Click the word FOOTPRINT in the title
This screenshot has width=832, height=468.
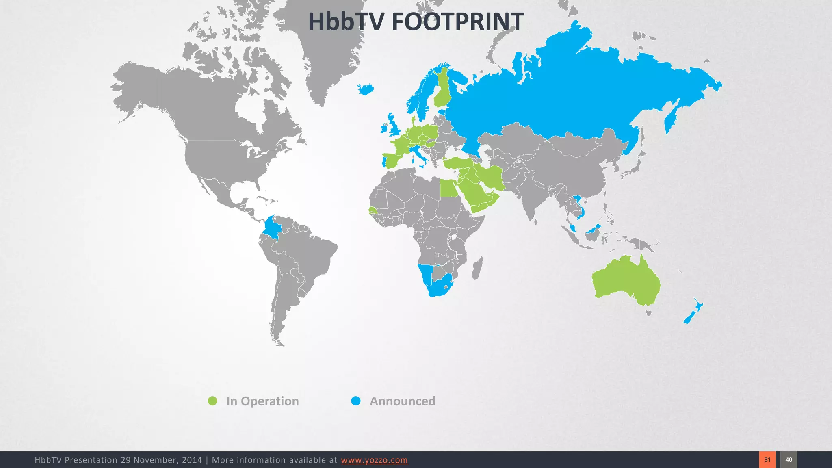tap(457, 22)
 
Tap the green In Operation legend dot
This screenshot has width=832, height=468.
tap(212, 401)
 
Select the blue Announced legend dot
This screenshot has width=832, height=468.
tap(356, 401)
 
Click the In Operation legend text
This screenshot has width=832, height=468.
tap(262, 401)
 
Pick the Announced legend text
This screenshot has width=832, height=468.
tap(402, 401)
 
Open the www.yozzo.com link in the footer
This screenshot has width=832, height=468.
tap(374, 460)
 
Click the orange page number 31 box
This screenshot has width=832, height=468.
tap(767, 460)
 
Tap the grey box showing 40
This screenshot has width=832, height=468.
tap(789, 460)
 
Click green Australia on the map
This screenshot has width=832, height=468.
tap(626, 280)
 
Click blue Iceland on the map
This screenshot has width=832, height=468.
tap(366, 89)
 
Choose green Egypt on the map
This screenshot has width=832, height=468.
tap(448, 188)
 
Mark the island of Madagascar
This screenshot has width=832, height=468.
tap(478, 268)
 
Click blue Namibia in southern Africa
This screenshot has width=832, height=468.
tap(425, 274)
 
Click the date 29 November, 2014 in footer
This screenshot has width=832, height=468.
tap(161, 460)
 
